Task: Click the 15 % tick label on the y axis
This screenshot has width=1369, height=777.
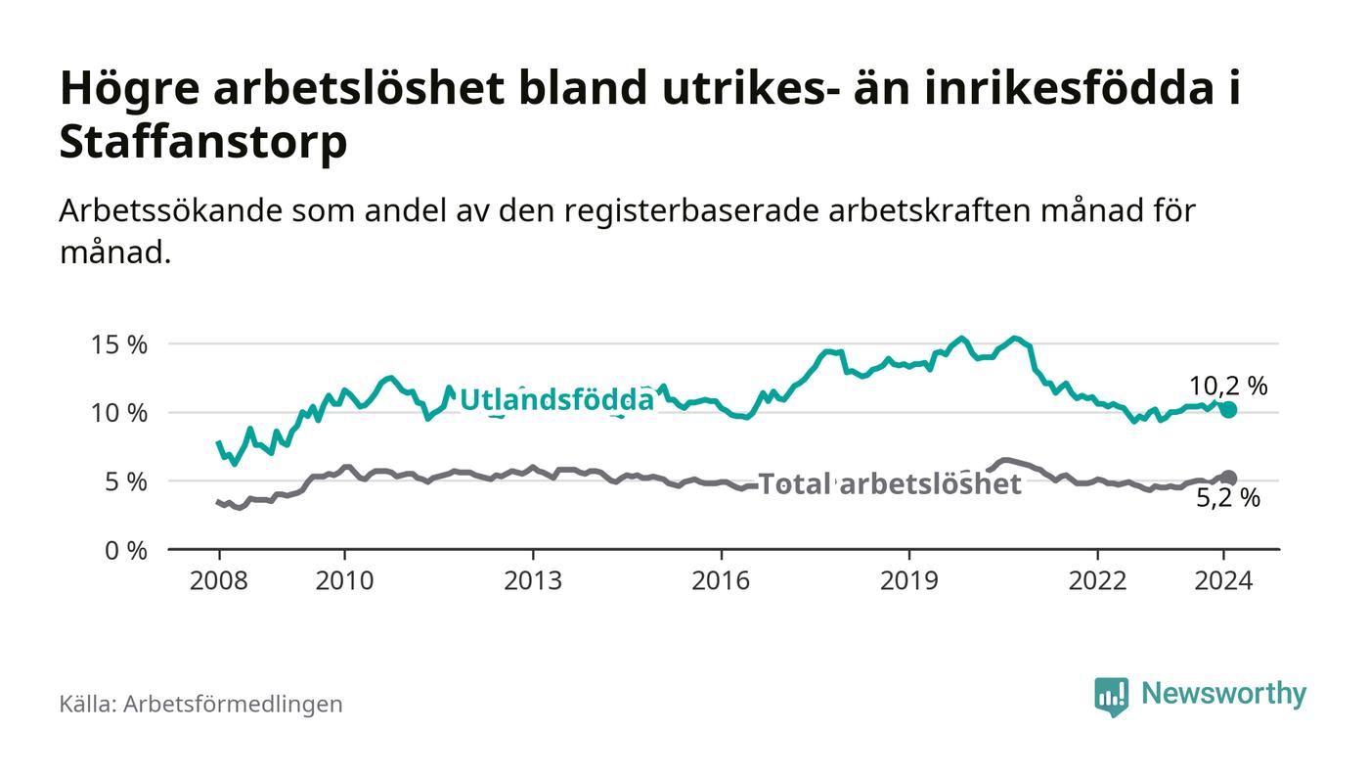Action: [120, 344]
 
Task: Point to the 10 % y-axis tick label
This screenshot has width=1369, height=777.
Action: [120, 413]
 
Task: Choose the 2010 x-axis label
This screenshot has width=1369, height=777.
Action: [345, 580]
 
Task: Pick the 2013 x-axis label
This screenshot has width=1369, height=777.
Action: [533, 580]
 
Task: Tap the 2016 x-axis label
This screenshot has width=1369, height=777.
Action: [722, 580]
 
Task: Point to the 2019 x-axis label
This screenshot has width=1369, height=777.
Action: [909, 580]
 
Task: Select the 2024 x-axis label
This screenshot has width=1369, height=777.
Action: [1223, 580]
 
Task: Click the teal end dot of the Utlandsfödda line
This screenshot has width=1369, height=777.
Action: [1228, 409]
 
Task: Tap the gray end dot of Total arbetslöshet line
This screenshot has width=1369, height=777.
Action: [1229, 479]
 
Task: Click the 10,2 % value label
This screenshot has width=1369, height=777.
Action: [1228, 386]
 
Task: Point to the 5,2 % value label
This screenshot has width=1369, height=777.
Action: [1228, 499]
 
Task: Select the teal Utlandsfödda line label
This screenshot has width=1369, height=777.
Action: [555, 399]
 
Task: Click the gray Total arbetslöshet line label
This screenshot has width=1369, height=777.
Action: [890, 483]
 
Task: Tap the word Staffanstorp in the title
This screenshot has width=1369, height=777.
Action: [203, 143]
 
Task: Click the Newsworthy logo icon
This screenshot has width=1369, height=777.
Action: [1111, 696]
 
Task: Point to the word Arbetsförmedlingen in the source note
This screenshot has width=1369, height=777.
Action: [233, 704]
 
